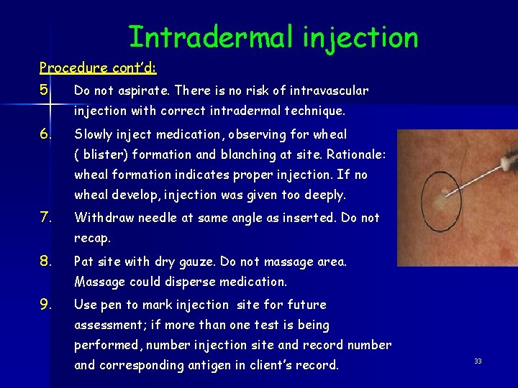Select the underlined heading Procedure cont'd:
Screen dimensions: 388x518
[99, 68]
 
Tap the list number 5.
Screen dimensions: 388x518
[45, 91]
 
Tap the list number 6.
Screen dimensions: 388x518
[45, 134]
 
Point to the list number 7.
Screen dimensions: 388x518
[45, 218]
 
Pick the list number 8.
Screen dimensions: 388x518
[45, 262]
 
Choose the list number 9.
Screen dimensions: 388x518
[45, 305]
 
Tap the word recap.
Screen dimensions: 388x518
[93, 239]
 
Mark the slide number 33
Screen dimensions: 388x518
[477, 361]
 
